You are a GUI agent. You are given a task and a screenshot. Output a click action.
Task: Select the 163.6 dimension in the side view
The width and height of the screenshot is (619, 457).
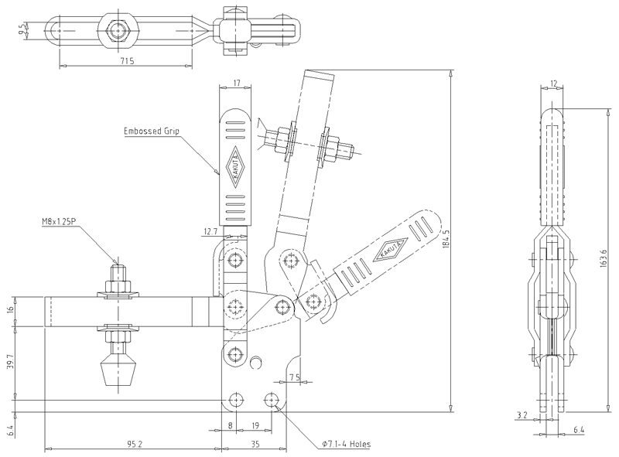click(x=603, y=259)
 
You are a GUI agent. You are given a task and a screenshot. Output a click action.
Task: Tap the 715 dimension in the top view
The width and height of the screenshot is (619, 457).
click(x=127, y=61)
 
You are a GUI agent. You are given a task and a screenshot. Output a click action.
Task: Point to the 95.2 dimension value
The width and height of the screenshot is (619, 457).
click(x=135, y=444)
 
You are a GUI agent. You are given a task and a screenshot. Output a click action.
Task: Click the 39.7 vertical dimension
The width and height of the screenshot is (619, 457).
click(x=11, y=362)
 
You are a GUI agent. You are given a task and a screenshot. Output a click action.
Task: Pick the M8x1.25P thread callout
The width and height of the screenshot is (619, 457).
click(x=59, y=222)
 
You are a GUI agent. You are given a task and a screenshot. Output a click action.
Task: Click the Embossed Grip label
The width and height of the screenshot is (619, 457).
click(x=152, y=131)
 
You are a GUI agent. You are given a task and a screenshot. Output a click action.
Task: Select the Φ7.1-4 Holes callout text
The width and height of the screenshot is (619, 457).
click(x=347, y=444)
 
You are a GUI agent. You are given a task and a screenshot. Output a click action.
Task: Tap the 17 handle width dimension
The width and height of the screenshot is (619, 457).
click(x=237, y=84)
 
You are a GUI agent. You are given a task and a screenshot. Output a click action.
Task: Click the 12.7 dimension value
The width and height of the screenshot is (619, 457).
click(x=210, y=232)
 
